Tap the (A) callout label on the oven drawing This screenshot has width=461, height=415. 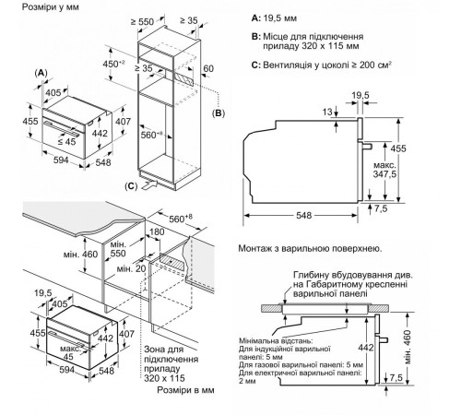41,72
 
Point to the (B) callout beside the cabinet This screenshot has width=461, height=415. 219,113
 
